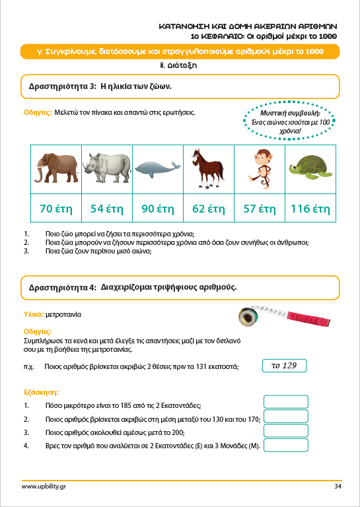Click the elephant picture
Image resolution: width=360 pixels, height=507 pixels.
[57, 168]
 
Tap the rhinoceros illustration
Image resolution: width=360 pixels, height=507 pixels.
[108, 168]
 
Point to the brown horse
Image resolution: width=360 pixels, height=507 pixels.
[206, 168]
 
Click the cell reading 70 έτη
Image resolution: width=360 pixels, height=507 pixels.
[56, 209]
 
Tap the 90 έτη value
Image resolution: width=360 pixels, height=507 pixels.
[157, 209]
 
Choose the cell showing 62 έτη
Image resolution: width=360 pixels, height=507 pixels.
[208, 209]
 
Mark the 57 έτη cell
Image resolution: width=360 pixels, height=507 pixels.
[259, 209]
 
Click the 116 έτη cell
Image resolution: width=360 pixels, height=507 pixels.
[310, 209]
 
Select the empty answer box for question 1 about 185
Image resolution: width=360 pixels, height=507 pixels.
[285, 401]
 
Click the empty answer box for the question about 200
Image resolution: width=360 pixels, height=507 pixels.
[285, 431]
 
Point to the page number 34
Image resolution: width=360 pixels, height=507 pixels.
[338, 487]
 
